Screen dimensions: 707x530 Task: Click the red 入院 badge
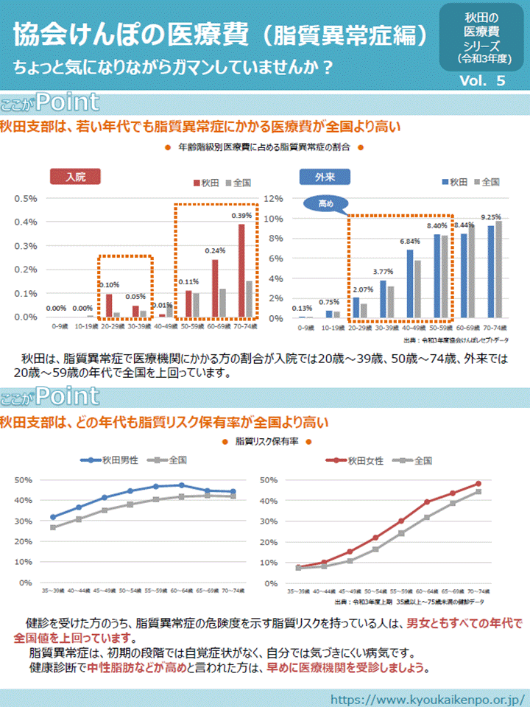(x=75, y=177)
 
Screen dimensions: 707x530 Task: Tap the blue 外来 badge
(x=325, y=177)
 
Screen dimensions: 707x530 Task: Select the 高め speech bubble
(x=325, y=203)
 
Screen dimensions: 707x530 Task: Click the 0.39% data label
(x=242, y=216)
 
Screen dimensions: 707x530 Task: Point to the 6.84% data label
(x=410, y=242)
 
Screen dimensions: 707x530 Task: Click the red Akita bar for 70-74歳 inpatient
(x=241, y=270)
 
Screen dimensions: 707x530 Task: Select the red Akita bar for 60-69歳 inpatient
(x=215, y=287)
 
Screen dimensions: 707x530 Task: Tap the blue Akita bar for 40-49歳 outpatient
(x=410, y=284)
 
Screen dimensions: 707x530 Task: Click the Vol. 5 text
(x=481, y=82)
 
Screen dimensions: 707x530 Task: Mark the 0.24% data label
(x=215, y=250)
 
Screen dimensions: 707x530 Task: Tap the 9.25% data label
(x=491, y=217)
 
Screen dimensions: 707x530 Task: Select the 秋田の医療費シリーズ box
(x=481, y=37)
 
